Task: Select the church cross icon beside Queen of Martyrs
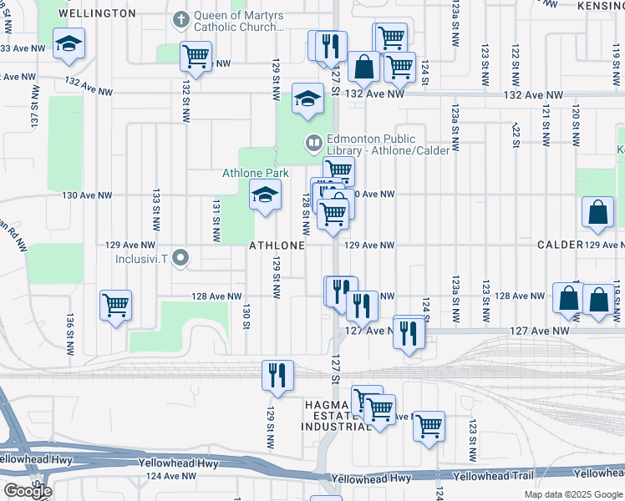pos(180,18)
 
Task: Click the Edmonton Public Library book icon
pos(313,143)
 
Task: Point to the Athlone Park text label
pos(255,174)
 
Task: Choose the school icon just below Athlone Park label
pos(265,197)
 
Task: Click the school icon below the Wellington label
pos(69,44)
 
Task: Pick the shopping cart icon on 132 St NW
pos(196,58)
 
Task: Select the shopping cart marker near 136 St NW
pos(115,304)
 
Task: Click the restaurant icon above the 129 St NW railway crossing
pos(277,375)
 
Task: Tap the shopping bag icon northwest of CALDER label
pos(599,214)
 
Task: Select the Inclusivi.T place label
pos(147,258)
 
